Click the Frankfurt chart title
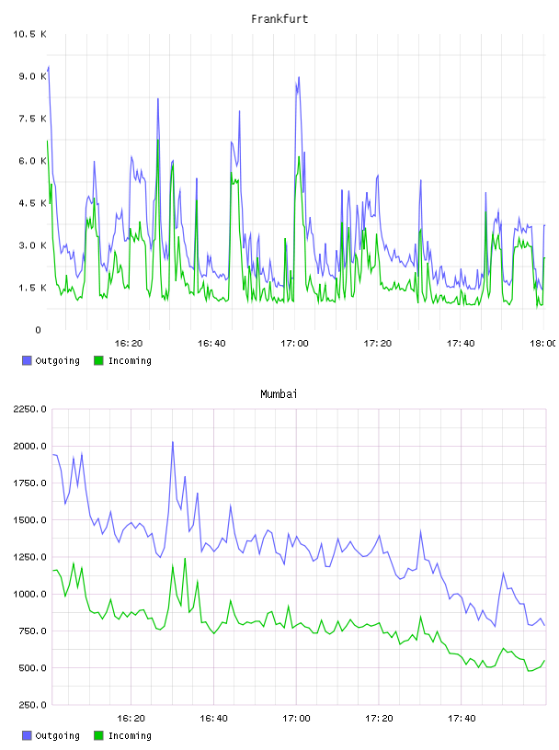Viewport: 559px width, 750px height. point(279,19)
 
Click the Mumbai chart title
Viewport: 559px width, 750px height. point(279,394)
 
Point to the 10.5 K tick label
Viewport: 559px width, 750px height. point(29,34)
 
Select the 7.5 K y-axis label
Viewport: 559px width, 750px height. point(32,119)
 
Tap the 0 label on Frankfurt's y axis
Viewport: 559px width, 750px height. point(39,330)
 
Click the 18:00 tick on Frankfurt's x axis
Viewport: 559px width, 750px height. point(542,344)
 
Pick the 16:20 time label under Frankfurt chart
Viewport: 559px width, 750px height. point(129,344)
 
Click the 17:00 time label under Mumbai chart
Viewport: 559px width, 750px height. point(296,719)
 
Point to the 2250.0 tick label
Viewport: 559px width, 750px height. point(29,409)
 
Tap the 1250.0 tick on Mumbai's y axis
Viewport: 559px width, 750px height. point(29,557)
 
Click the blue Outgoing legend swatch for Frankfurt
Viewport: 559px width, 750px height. point(27,360)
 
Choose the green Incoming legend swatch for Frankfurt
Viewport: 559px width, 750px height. point(98,360)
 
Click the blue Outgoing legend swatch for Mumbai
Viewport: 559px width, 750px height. point(27,735)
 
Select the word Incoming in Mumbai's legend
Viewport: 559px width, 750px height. point(130,735)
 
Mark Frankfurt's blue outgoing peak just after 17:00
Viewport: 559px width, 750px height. point(299,77)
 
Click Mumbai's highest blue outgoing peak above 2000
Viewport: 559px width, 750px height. point(173,442)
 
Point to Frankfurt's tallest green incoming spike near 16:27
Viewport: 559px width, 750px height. point(158,140)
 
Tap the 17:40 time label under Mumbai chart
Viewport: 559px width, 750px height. point(462,719)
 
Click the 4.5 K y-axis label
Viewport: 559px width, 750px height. point(32,203)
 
